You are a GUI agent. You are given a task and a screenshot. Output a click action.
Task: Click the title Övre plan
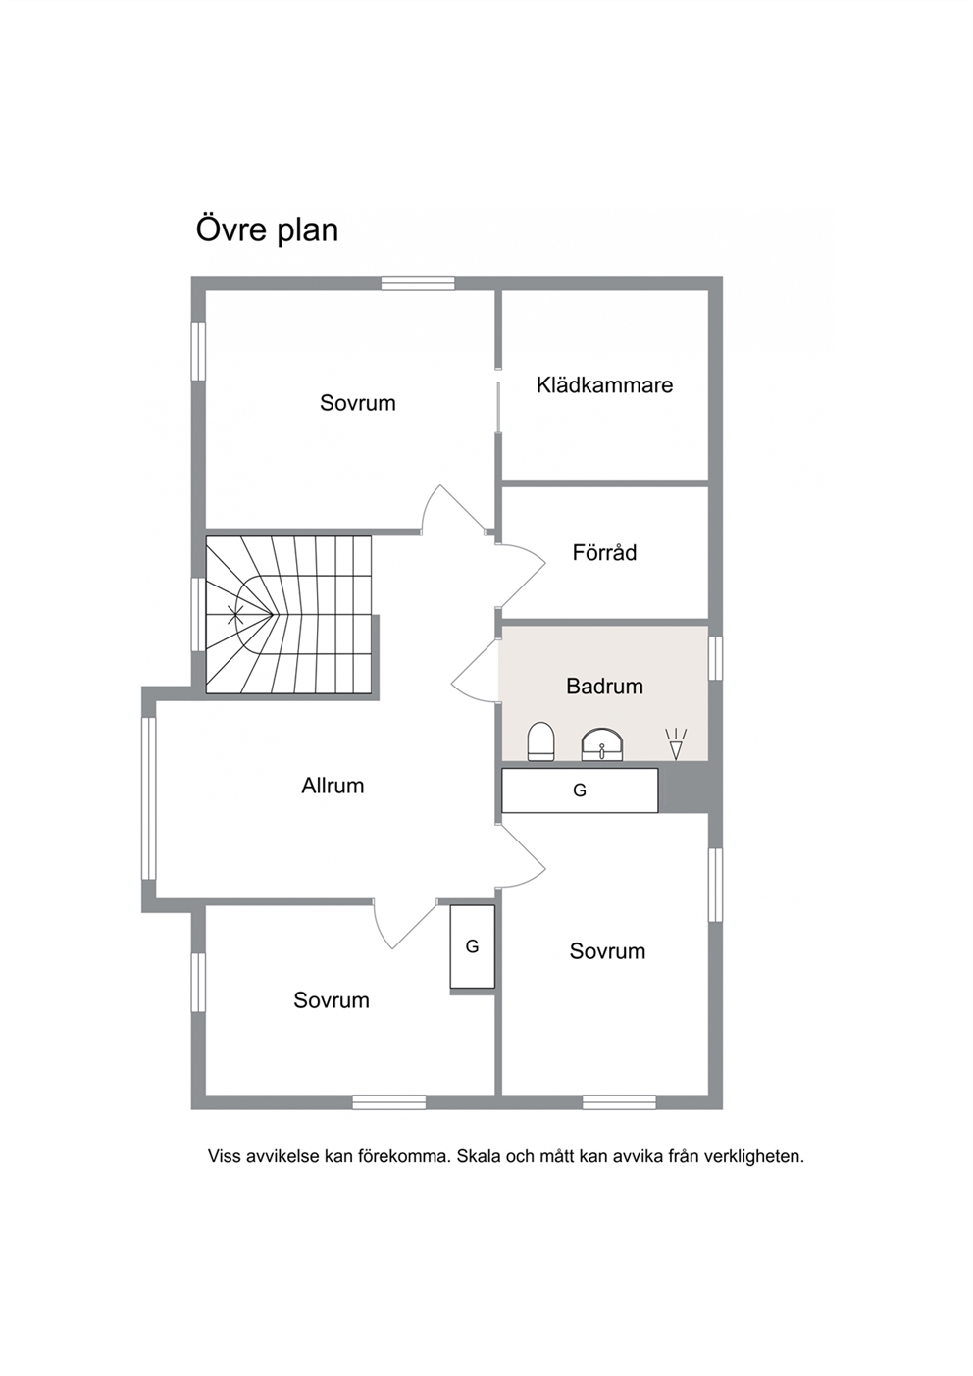[x=267, y=230]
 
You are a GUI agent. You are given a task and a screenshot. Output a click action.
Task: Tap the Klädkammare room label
[x=604, y=385]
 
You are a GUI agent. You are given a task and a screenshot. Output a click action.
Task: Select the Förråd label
[x=604, y=552]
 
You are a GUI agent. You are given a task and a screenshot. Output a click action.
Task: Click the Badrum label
[x=604, y=687]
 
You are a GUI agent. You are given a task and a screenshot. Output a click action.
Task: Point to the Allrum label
[x=333, y=786]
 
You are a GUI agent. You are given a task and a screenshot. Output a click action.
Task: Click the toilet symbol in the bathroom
[x=541, y=741]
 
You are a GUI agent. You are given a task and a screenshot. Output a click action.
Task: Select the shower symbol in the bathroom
[x=676, y=743]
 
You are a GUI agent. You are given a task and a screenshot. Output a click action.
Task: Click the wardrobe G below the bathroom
[x=580, y=790]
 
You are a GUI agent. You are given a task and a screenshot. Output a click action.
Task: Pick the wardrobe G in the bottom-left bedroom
[x=472, y=946]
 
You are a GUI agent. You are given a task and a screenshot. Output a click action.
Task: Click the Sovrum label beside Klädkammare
[x=357, y=403]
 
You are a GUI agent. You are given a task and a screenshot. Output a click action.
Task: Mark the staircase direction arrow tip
[x=273, y=614]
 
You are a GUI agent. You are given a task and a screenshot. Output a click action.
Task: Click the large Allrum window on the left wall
[x=149, y=798]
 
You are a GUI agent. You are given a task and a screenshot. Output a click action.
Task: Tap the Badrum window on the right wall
[x=716, y=658]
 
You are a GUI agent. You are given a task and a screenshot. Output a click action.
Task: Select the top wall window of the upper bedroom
[x=418, y=282]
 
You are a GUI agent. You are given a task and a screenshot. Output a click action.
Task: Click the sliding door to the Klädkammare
[x=499, y=407]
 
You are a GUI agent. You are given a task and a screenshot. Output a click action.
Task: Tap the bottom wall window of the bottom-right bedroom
[x=619, y=1102]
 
